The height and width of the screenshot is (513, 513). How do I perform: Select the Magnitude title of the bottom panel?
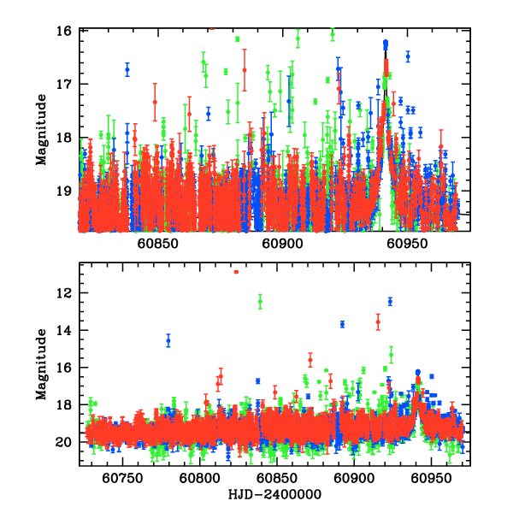coord(40,367)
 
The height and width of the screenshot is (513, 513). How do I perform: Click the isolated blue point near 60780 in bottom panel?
coord(168,340)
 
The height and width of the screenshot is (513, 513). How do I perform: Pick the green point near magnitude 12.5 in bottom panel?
coord(260,301)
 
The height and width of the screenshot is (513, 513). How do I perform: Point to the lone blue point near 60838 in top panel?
coord(127,69)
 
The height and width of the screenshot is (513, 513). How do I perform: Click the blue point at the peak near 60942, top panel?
coord(386,43)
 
